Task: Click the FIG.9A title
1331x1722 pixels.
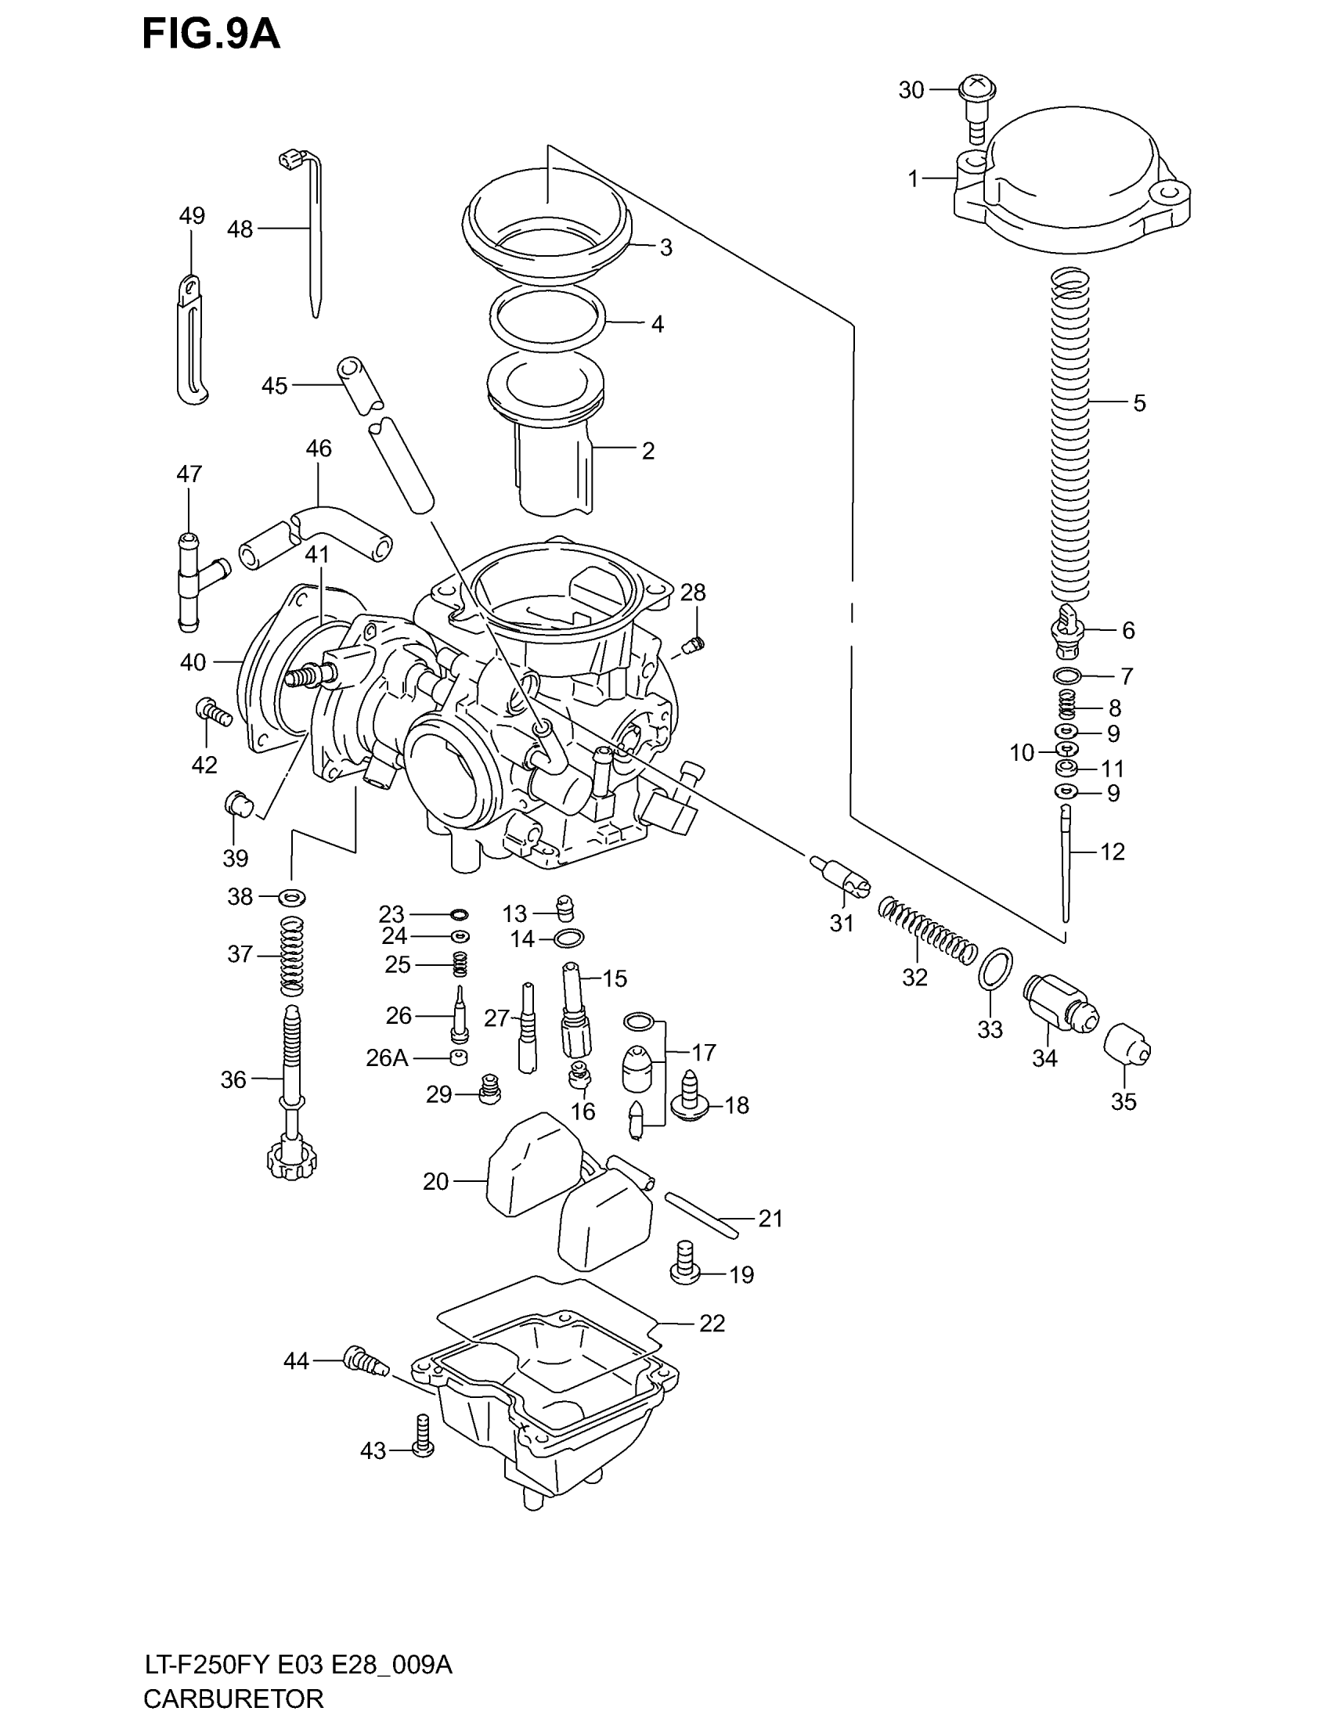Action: (x=211, y=35)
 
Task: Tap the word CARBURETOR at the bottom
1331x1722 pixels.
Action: (x=233, y=1698)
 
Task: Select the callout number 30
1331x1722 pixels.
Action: (x=911, y=91)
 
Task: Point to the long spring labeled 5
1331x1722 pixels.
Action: (x=1070, y=434)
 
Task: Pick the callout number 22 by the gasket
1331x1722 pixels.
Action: (x=711, y=1323)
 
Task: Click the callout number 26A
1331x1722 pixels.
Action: (x=387, y=1058)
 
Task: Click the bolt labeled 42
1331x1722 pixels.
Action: (x=211, y=711)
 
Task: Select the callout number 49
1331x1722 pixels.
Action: (x=193, y=215)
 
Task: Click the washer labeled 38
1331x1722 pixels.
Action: (x=293, y=896)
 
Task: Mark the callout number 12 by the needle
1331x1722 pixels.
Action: (x=1112, y=852)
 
